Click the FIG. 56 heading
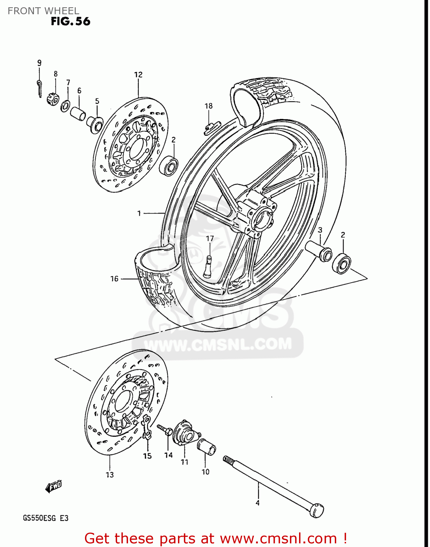pyautogui.click(x=70, y=22)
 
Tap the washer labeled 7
pyautogui.click(x=66, y=106)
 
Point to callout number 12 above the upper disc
pyautogui.click(x=138, y=75)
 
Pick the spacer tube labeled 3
pyautogui.click(x=320, y=251)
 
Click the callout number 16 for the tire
pyautogui.click(x=115, y=279)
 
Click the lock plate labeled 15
pyautogui.click(x=147, y=427)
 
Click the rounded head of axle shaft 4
pyautogui.click(x=317, y=510)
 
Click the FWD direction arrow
pyautogui.click(x=54, y=486)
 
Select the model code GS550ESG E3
pyautogui.click(x=46, y=518)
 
